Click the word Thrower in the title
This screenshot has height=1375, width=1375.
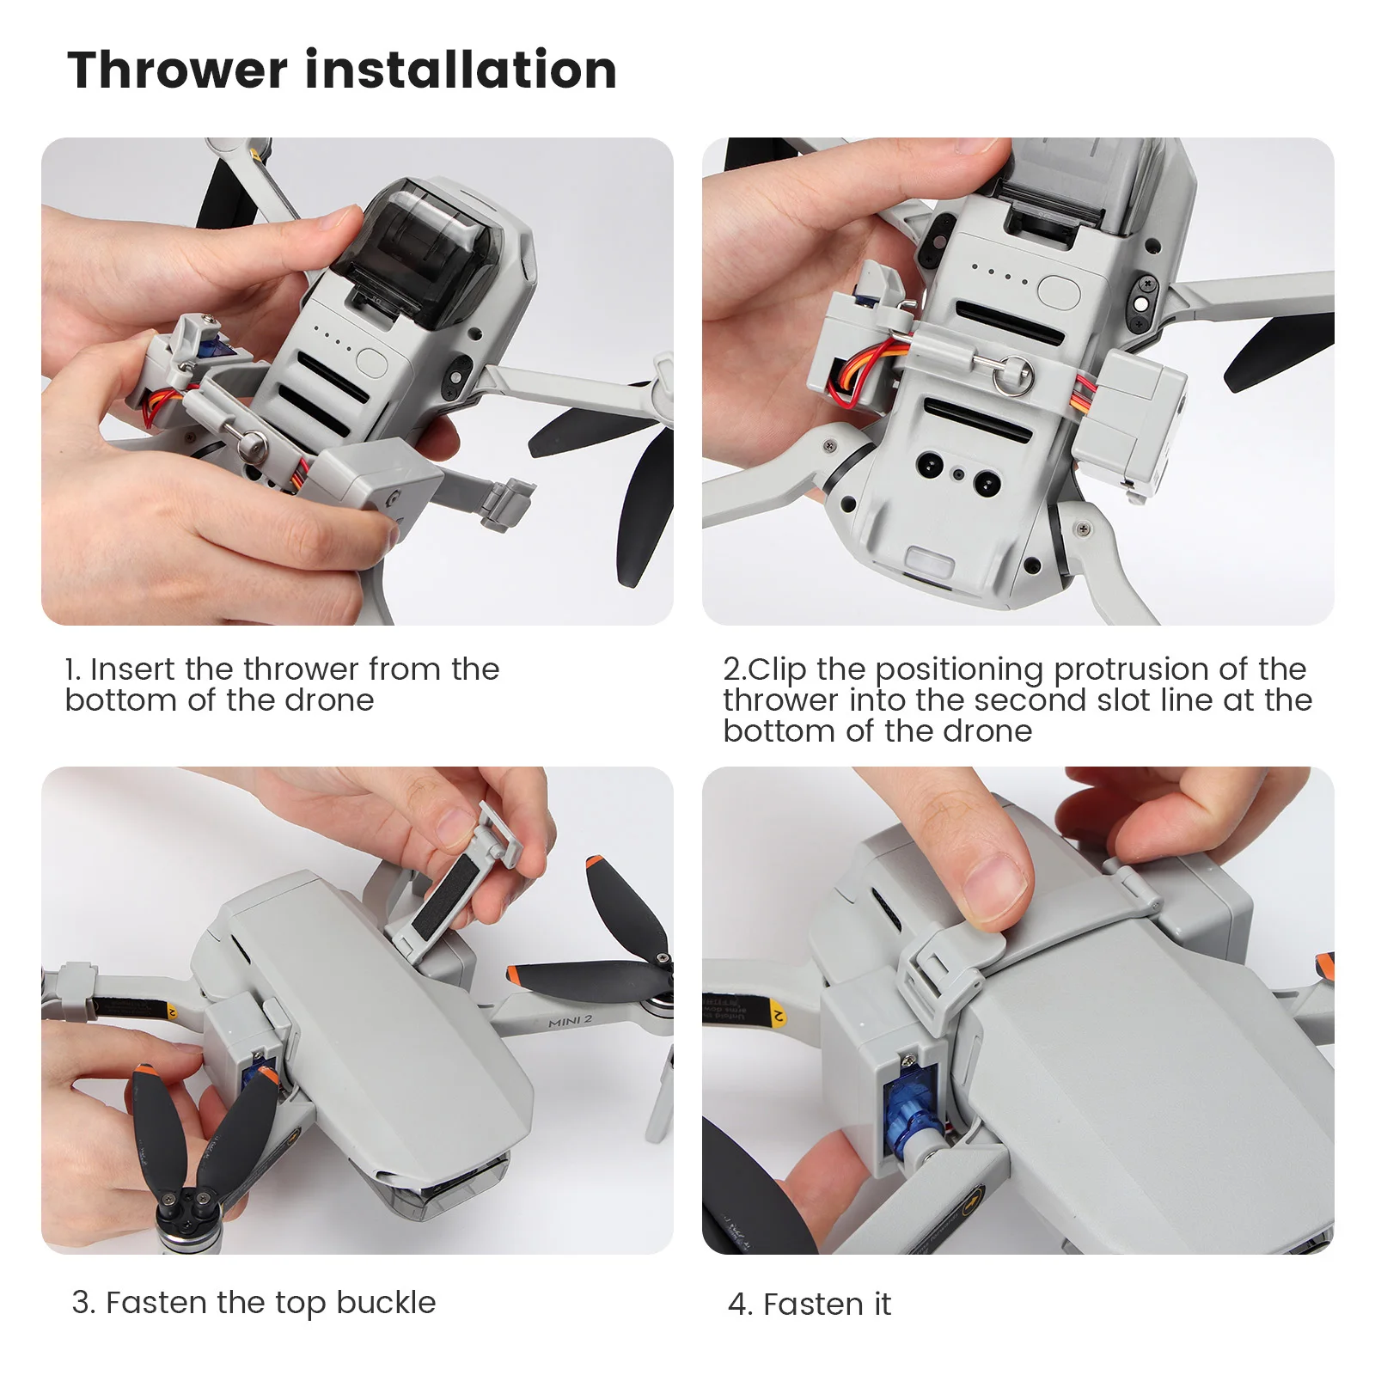tap(177, 70)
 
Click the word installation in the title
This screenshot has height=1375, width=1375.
tap(461, 70)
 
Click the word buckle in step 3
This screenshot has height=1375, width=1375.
tap(386, 1302)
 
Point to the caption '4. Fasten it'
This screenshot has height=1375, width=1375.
tap(810, 1304)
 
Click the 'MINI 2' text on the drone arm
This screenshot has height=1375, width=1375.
tap(571, 1020)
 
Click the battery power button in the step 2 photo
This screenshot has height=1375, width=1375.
tap(1059, 290)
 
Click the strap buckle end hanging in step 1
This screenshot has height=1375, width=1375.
tap(508, 503)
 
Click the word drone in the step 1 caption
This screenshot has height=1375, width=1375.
tap(329, 700)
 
